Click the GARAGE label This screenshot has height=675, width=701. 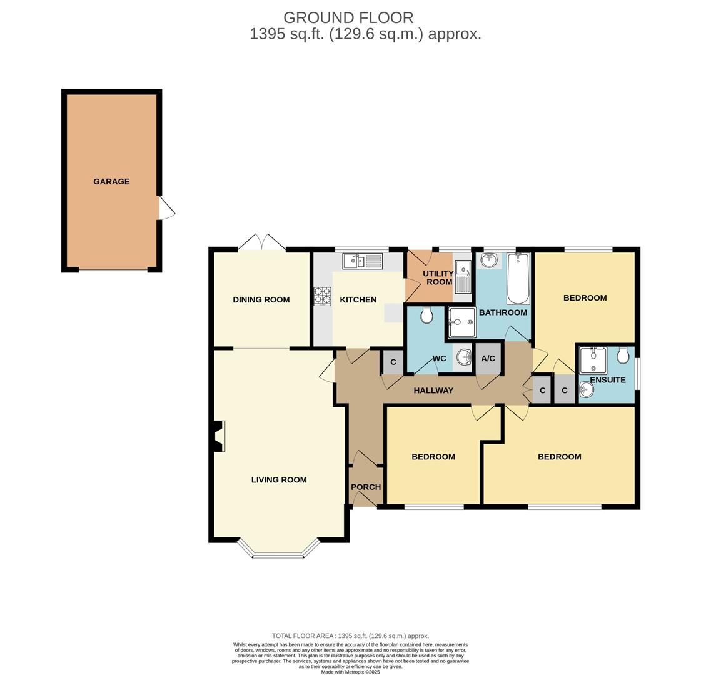111,182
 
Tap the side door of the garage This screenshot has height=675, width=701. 166,208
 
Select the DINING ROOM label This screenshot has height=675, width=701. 261,300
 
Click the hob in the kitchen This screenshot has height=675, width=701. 322,296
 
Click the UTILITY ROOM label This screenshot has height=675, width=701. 438,278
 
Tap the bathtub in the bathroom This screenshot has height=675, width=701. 518,279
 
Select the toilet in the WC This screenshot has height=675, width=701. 426,315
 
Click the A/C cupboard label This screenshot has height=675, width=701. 488,359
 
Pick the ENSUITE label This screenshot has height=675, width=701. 607,380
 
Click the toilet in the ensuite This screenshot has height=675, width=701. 623,355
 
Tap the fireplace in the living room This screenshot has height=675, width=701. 218,436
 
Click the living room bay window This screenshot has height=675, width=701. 278,554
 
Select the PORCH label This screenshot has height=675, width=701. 366,487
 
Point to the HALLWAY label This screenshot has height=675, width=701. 433,391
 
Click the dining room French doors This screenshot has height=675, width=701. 261,244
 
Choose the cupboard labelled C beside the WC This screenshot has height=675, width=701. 393,362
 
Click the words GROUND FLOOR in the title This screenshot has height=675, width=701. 348,17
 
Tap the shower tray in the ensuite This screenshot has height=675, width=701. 592,361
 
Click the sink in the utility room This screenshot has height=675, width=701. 463,276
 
